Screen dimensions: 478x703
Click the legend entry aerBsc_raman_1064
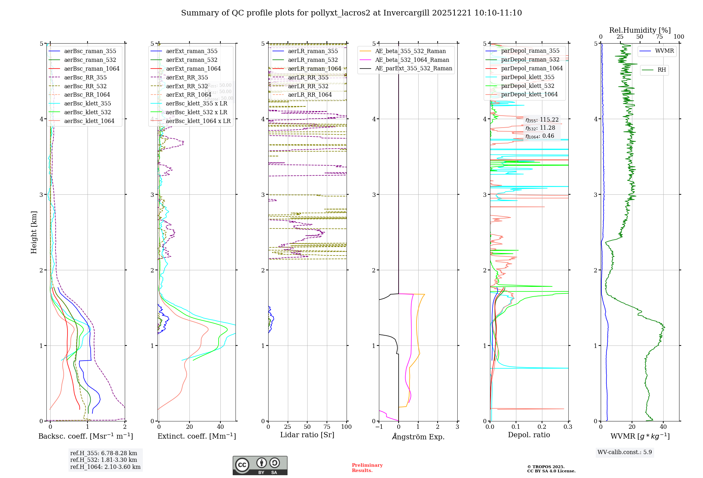[91, 69]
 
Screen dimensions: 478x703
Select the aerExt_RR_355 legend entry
[187, 77]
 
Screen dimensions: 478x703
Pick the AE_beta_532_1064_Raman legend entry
[412, 60]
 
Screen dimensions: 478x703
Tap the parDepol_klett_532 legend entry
[527, 86]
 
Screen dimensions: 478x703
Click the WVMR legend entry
[664, 51]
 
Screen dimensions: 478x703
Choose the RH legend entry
[662, 70]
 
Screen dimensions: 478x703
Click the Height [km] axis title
[34, 232]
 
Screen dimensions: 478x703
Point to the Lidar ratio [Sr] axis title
[307, 435]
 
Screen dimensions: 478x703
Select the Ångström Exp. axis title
[418, 437]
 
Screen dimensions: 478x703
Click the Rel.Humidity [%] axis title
[640, 30]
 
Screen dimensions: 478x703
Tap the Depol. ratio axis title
[529, 435]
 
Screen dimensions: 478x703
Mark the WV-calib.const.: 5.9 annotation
[625, 452]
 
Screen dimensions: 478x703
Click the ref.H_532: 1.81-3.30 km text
[104, 460]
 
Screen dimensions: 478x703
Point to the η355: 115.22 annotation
[542, 120]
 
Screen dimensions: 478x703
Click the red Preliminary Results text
[367, 468]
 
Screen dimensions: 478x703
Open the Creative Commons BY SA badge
[260, 465]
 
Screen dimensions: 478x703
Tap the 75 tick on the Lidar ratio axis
[327, 427]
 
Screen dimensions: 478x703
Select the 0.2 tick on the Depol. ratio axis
[542, 427]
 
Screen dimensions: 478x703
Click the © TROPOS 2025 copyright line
[546, 467]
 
